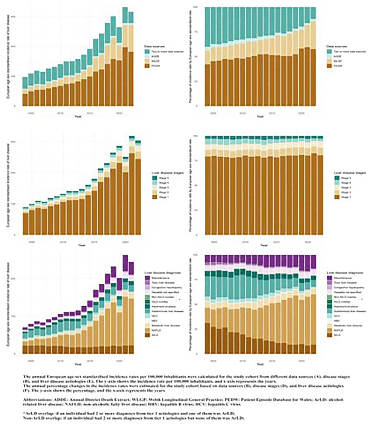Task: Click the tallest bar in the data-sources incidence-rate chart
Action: (125, 56)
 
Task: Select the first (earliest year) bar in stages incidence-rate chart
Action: (25, 221)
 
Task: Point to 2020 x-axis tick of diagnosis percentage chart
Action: (302, 360)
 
